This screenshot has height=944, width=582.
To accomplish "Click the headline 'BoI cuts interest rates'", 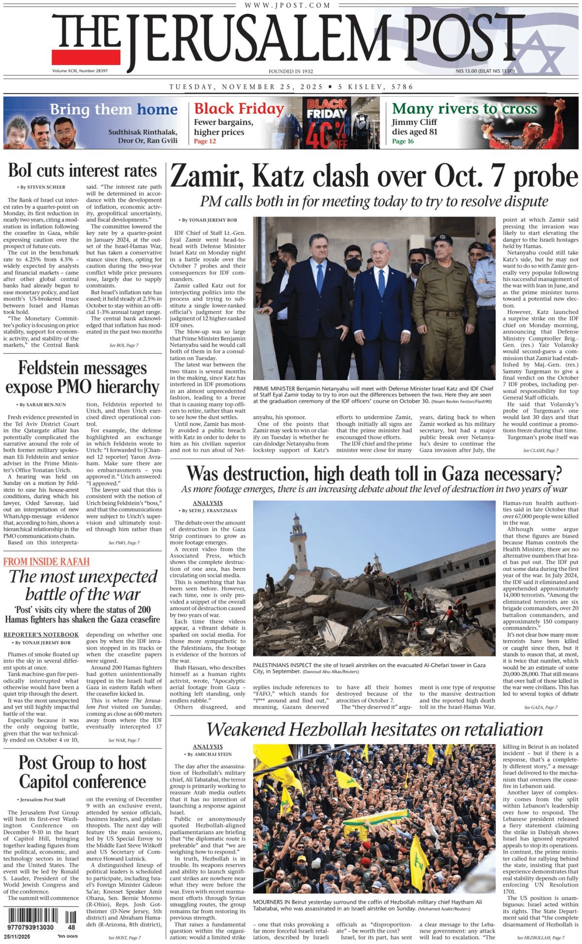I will coord(82,170).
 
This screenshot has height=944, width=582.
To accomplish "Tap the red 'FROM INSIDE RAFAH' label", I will coord(47,562).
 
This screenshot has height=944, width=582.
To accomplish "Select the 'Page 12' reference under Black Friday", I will coord(205,141).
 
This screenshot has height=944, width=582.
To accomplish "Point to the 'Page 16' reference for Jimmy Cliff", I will coord(403,141).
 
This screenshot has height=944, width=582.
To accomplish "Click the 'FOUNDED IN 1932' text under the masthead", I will coord(291,71).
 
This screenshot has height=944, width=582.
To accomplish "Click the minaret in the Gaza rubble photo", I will coord(298,539).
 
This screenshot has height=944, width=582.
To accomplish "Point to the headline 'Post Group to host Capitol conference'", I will coord(82,772).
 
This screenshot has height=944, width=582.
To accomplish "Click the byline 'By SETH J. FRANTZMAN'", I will coord(210,511).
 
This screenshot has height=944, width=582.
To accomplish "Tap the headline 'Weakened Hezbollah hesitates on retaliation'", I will coord(374,729).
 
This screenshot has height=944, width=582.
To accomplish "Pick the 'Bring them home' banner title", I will coord(113,109).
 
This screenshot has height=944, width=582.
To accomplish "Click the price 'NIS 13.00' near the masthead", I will coord(467,71).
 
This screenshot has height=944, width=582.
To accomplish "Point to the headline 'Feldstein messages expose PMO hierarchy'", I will coord(82,377).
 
